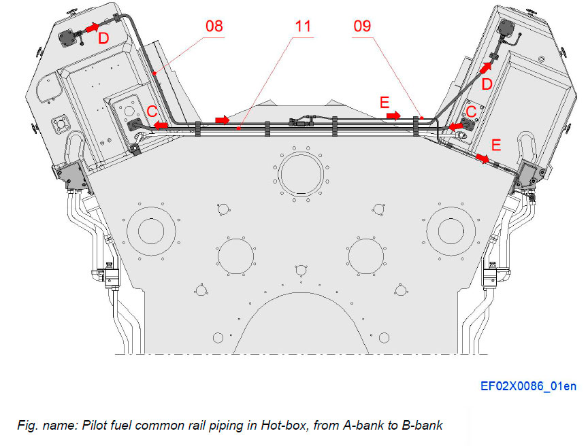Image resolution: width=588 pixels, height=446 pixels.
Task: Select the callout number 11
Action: click(x=303, y=27)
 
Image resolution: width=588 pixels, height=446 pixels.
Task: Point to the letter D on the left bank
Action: click(x=103, y=39)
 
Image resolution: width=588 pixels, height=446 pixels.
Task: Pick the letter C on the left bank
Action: click(x=153, y=112)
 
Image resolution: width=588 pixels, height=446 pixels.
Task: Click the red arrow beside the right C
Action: click(x=455, y=126)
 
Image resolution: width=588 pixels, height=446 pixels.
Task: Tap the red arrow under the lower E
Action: click(x=482, y=158)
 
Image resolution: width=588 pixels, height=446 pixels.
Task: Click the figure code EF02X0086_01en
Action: click(x=527, y=387)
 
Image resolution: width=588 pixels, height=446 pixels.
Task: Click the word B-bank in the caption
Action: click(x=419, y=426)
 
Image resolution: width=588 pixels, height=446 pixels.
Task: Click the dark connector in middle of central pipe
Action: click(x=299, y=123)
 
